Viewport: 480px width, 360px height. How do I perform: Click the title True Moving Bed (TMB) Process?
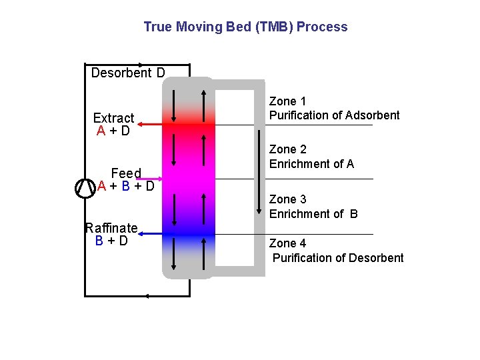(x=245, y=27)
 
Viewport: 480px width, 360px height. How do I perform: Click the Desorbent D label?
(x=128, y=73)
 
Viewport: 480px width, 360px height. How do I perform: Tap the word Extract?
(x=113, y=118)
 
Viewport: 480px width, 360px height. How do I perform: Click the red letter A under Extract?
(x=101, y=131)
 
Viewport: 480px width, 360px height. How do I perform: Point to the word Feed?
(x=126, y=173)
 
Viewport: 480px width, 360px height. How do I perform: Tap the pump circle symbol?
(x=85, y=188)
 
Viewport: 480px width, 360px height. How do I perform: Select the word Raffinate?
(x=111, y=228)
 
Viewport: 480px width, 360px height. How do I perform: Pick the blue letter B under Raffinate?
(x=99, y=241)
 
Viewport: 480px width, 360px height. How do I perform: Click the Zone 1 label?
(x=287, y=101)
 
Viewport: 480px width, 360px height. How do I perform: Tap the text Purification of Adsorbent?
(x=334, y=115)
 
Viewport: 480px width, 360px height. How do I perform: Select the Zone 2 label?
(x=287, y=149)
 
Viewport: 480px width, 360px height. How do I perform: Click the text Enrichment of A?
(x=311, y=164)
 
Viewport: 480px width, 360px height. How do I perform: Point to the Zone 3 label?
(x=287, y=199)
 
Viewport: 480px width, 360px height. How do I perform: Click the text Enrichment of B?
(x=313, y=214)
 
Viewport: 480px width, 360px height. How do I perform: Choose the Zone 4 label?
(x=287, y=243)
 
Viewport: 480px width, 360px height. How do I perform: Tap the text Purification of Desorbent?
(x=338, y=258)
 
